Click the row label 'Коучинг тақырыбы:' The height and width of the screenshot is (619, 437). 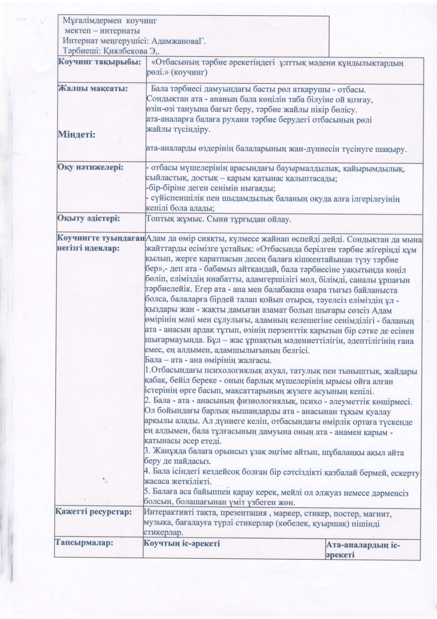[x=99, y=62]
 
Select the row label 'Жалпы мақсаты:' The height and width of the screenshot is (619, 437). [x=93, y=89]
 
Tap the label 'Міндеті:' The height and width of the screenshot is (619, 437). [x=77, y=135]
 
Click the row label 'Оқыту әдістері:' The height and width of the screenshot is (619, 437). [x=89, y=218]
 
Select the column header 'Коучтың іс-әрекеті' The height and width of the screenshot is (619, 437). [x=182, y=543]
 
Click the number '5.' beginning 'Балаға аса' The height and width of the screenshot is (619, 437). [x=147, y=493]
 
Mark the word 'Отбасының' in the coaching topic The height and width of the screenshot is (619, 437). [x=177, y=62]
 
